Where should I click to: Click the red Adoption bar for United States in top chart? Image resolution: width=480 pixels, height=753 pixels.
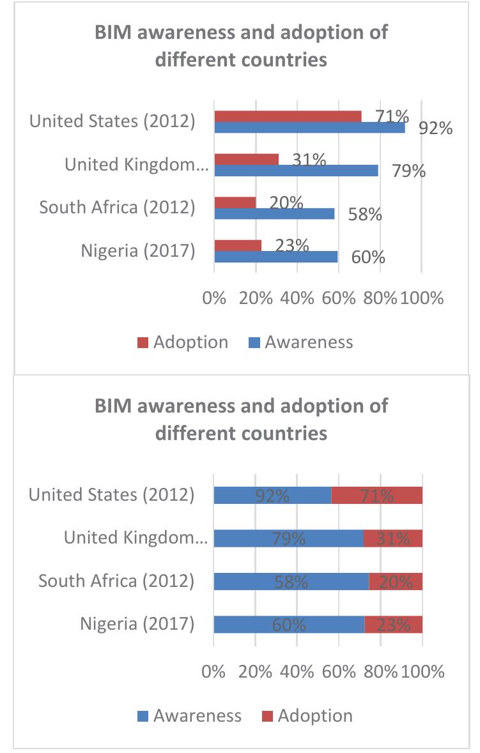coord(288,116)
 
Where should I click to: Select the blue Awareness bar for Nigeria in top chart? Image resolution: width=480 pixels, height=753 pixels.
coord(276,257)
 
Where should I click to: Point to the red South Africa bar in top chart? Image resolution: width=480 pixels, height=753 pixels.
coord(235,202)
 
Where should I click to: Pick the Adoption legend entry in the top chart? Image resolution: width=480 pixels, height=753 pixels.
coord(183,342)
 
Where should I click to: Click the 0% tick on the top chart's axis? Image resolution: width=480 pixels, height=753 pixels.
coord(214,298)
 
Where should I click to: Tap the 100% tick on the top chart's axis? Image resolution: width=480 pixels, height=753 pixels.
coord(421,298)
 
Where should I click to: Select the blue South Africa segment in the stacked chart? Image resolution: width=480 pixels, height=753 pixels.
coord(291,581)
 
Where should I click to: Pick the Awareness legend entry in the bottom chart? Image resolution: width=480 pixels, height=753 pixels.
coord(190,715)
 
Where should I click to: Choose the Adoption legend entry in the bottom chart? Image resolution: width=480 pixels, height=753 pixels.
coord(306,715)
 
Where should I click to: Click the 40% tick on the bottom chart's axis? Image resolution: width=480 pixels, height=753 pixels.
coord(297,672)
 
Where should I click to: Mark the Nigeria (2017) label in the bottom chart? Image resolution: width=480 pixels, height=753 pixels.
coord(137,623)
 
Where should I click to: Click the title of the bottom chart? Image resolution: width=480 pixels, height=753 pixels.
coord(241,420)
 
